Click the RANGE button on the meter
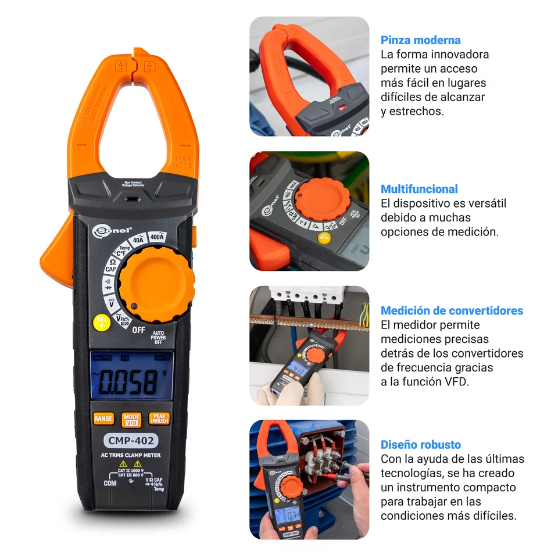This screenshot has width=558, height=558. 103,419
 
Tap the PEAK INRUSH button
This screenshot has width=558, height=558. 159,419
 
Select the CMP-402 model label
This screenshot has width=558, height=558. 131,441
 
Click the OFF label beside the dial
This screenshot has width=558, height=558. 138,330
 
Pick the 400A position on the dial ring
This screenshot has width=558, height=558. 157,237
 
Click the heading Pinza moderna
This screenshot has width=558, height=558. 420,40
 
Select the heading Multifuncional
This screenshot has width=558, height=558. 419,189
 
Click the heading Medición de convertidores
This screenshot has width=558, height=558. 452,310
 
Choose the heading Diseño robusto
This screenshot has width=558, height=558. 420,445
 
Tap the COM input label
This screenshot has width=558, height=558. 110,483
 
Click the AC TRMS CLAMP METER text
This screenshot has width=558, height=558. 131,455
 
